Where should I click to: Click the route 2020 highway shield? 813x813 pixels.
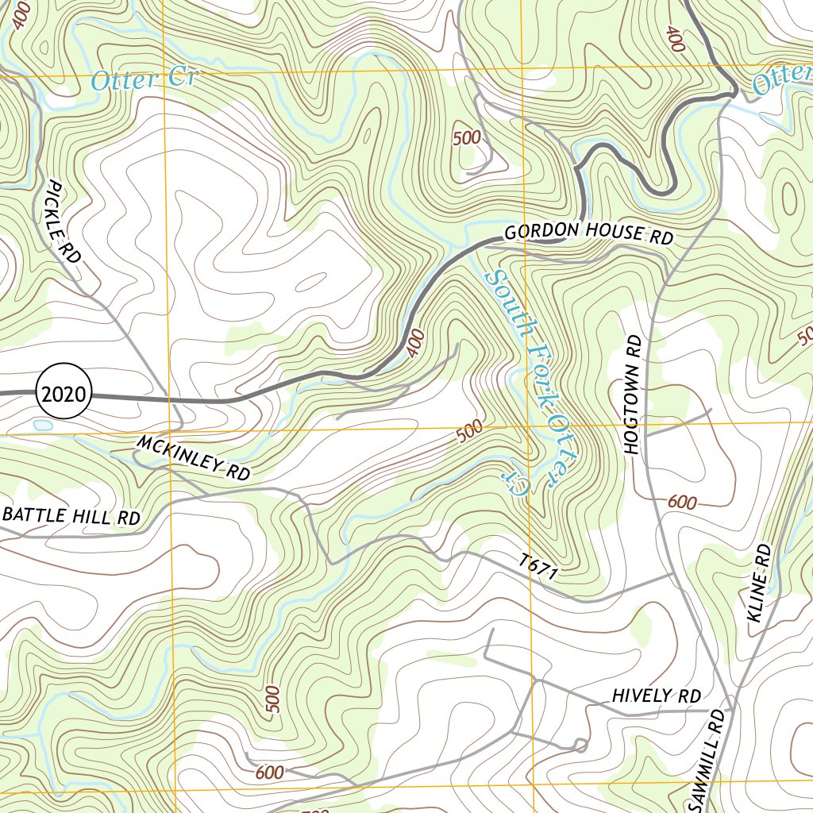[x=64, y=392]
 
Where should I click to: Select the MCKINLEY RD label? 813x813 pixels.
[x=193, y=458]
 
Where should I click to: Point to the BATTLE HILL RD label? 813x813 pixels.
[x=71, y=516]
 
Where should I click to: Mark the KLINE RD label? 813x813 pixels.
[x=760, y=588]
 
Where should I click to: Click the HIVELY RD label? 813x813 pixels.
[x=656, y=696]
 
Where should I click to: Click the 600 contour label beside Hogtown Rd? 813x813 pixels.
[x=682, y=502]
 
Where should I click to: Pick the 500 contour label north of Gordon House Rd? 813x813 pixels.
[x=467, y=137]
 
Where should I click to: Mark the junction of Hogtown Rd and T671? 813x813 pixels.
[x=673, y=572]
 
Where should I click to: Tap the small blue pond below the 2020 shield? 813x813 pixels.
[x=43, y=426]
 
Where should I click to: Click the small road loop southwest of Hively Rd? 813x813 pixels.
[x=580, y=744]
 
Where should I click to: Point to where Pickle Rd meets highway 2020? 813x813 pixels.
[x=169, y=400]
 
